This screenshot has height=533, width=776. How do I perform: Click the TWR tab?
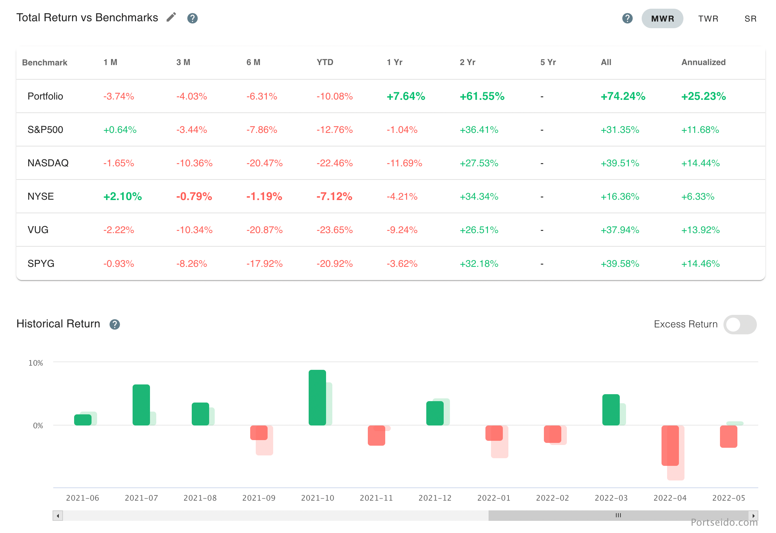pos(708,19)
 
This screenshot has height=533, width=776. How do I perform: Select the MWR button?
pos(662,19)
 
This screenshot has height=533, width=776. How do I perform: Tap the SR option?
pos(750,19)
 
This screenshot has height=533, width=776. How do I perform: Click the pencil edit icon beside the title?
pos(171,17)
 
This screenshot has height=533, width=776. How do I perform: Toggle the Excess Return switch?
pos(739,325)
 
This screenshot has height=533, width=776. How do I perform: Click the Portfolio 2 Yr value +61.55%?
pos(482,96)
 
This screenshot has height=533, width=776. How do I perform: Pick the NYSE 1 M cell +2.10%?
pos(122,197)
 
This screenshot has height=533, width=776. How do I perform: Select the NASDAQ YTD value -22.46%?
pos(334,163)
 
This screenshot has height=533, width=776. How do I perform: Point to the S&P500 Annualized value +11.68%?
pos(700,130)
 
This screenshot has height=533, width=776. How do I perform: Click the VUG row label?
pos(38,230)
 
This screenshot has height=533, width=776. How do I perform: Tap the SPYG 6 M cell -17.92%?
pos(264,264)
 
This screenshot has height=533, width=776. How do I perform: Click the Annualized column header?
pos(703,62)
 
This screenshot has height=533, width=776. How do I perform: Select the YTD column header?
pos(325,62)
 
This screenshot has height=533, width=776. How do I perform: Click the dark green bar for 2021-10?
pos(317,398)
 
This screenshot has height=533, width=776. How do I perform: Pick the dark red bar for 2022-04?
pos(670,445)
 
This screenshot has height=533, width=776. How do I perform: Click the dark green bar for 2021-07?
pos(141,405)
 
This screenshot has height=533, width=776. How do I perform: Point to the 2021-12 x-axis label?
pos(435,498)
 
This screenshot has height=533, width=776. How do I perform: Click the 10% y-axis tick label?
pos(35,363)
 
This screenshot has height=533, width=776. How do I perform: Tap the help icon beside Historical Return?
pos(114,325)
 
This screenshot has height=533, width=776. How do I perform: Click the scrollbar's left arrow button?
pos(58,516)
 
